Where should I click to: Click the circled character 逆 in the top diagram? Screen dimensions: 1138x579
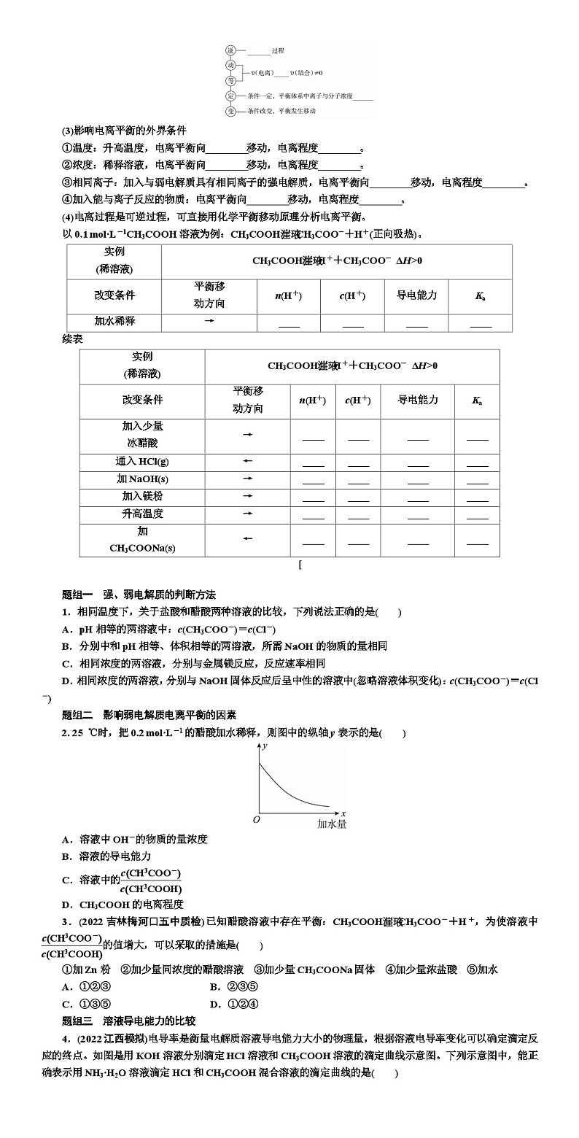coord(230,50)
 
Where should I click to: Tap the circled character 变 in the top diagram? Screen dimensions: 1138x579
coord(230,112)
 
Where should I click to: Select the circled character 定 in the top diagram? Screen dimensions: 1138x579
coord(230,96)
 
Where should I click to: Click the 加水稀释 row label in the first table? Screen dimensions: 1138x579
coord(114,321)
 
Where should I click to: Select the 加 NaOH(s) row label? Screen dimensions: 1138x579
coord(142,479)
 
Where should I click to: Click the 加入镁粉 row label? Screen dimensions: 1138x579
coord(142,496)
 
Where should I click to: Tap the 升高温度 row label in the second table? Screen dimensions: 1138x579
coord(142,514)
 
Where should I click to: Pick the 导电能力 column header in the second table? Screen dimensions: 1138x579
coord(417,400)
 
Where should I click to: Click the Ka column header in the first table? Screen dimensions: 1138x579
coord(481,296)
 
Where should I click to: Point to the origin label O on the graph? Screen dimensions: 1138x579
coord(256,820)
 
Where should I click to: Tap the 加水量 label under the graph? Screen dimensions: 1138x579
coord(332,824)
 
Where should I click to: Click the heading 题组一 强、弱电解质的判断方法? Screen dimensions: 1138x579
coord(139,595)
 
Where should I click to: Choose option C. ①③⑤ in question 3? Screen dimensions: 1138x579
coord(86,1004)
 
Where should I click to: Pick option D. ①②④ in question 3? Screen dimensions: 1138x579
coord(233,1004)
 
